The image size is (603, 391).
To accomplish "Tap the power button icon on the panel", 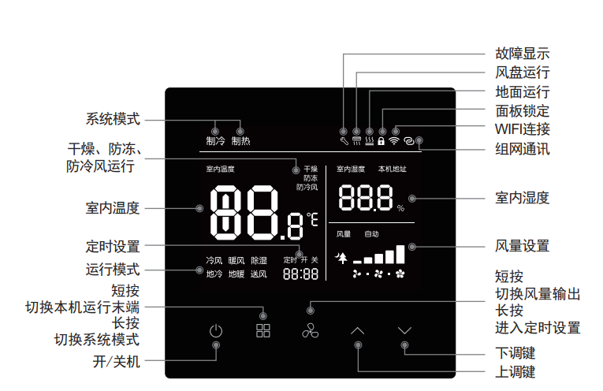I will pos(216,331).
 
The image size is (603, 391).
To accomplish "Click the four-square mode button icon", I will pos(262,331).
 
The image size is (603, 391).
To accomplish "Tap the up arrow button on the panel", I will pos(358,331).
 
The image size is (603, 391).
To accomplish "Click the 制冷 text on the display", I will pos(215,142).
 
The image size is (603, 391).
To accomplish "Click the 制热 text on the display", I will pos(240,142).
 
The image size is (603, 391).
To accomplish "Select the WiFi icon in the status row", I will pos(394,142).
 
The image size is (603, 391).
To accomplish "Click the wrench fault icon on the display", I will pos(344,142).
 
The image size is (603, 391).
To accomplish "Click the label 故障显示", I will pos(522,54).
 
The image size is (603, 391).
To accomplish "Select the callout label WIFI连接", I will pos(522,129).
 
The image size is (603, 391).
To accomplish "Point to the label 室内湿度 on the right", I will pos(522,197).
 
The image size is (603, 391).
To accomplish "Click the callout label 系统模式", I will pos(113,120).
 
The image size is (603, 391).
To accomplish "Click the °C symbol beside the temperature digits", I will pos(312,218).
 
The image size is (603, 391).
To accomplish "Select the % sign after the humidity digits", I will pos(400,209).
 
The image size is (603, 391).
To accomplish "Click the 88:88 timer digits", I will pos(300,274).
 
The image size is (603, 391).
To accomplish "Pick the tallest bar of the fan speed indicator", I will pos(400,253).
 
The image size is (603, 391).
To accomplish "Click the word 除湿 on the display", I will pos(259,260).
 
